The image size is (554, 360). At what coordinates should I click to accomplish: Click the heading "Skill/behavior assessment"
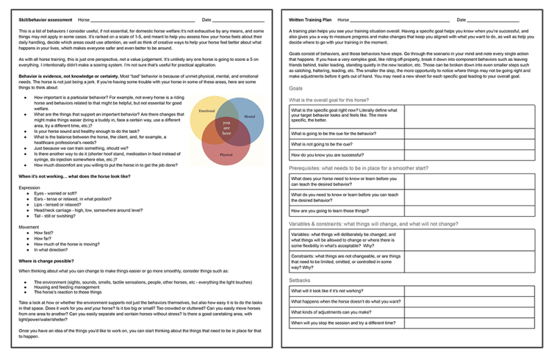click(x=45, y=20)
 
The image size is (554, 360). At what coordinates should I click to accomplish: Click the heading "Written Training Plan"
click(x=310, y=20)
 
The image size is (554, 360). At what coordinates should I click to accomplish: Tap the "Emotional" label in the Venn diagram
click(x=207, y=111)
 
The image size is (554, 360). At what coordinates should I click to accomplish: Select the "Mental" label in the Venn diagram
click(x=249, y=117)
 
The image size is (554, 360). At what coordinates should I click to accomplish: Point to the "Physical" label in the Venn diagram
click(x=226, y=154)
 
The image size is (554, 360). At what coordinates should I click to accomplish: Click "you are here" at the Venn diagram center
click(x=226, y=127)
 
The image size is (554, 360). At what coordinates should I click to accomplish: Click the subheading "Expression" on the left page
click(x=30, y=187)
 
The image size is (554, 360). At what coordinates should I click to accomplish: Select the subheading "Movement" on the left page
click(x=29, y=226)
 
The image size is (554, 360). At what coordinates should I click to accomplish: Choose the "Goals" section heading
click(x=296, y=89)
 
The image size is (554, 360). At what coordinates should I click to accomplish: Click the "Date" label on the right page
click(x=461, y=20)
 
